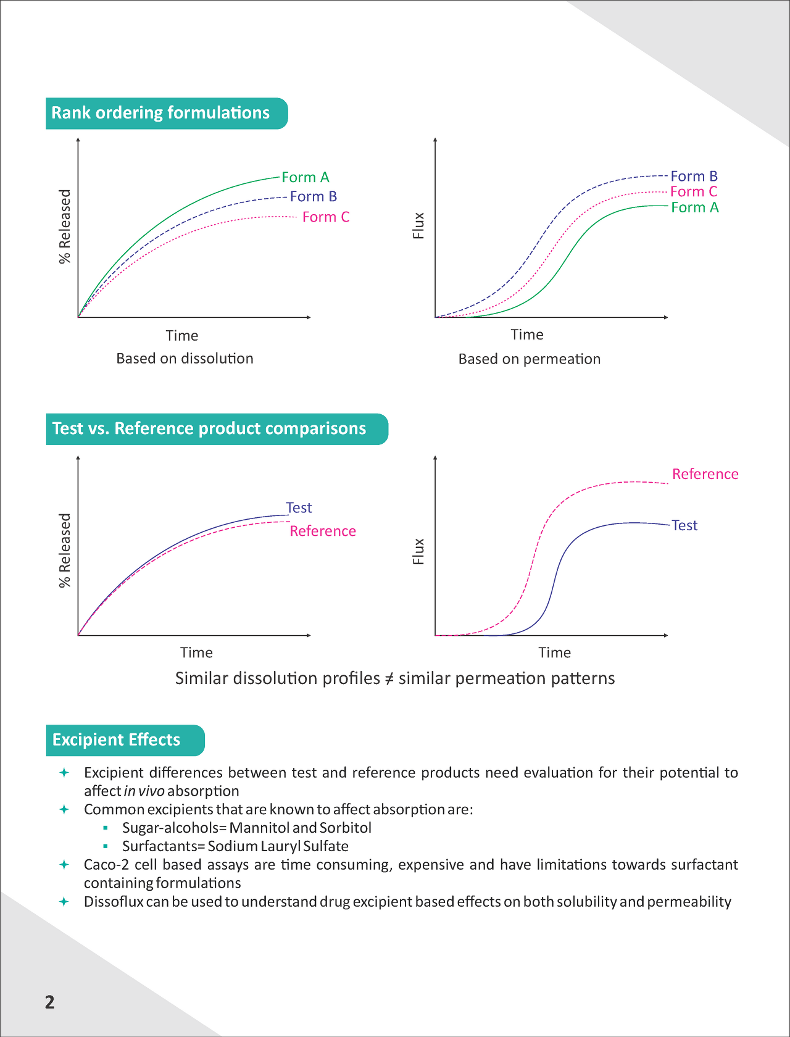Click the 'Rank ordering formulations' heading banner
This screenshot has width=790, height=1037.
(160, 113)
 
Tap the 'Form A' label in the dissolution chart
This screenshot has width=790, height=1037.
(306, 178)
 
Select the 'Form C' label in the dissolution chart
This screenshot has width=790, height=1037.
(326, 217)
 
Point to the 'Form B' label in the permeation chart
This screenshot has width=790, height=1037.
(694, 177)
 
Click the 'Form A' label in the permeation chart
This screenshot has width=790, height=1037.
(695, 208)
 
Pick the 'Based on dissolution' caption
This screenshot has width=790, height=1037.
(185, 359)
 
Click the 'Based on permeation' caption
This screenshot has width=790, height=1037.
(529, 359)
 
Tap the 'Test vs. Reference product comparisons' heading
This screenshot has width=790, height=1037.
(209, 428)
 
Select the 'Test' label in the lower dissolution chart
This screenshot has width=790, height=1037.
(299, 508)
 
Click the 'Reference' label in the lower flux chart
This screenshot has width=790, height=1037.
(705, 474)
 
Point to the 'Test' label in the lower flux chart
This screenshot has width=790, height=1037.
(684, 525)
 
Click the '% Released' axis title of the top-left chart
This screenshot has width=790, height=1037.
(65, 227)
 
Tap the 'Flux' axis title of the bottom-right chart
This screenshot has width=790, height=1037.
(418, 551)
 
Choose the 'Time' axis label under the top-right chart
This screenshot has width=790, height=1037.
(527, 335)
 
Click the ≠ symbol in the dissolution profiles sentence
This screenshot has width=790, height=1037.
(389, 679)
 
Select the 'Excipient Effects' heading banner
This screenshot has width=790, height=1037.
(116, 740)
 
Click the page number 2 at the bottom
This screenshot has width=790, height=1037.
(50, 1002)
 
